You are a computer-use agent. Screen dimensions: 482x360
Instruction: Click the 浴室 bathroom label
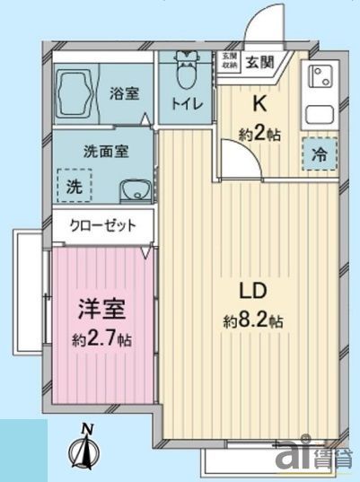tap(124, 92)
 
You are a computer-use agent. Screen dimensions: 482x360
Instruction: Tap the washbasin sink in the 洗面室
tap(134, 189)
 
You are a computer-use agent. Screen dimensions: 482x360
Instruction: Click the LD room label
tap(251, 293)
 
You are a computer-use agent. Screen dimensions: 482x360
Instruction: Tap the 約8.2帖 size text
tap(254, 320)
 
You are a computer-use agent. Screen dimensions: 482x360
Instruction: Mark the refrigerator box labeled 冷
tap(319, 153)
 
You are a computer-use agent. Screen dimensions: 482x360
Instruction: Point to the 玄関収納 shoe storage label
tap(229, 60)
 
